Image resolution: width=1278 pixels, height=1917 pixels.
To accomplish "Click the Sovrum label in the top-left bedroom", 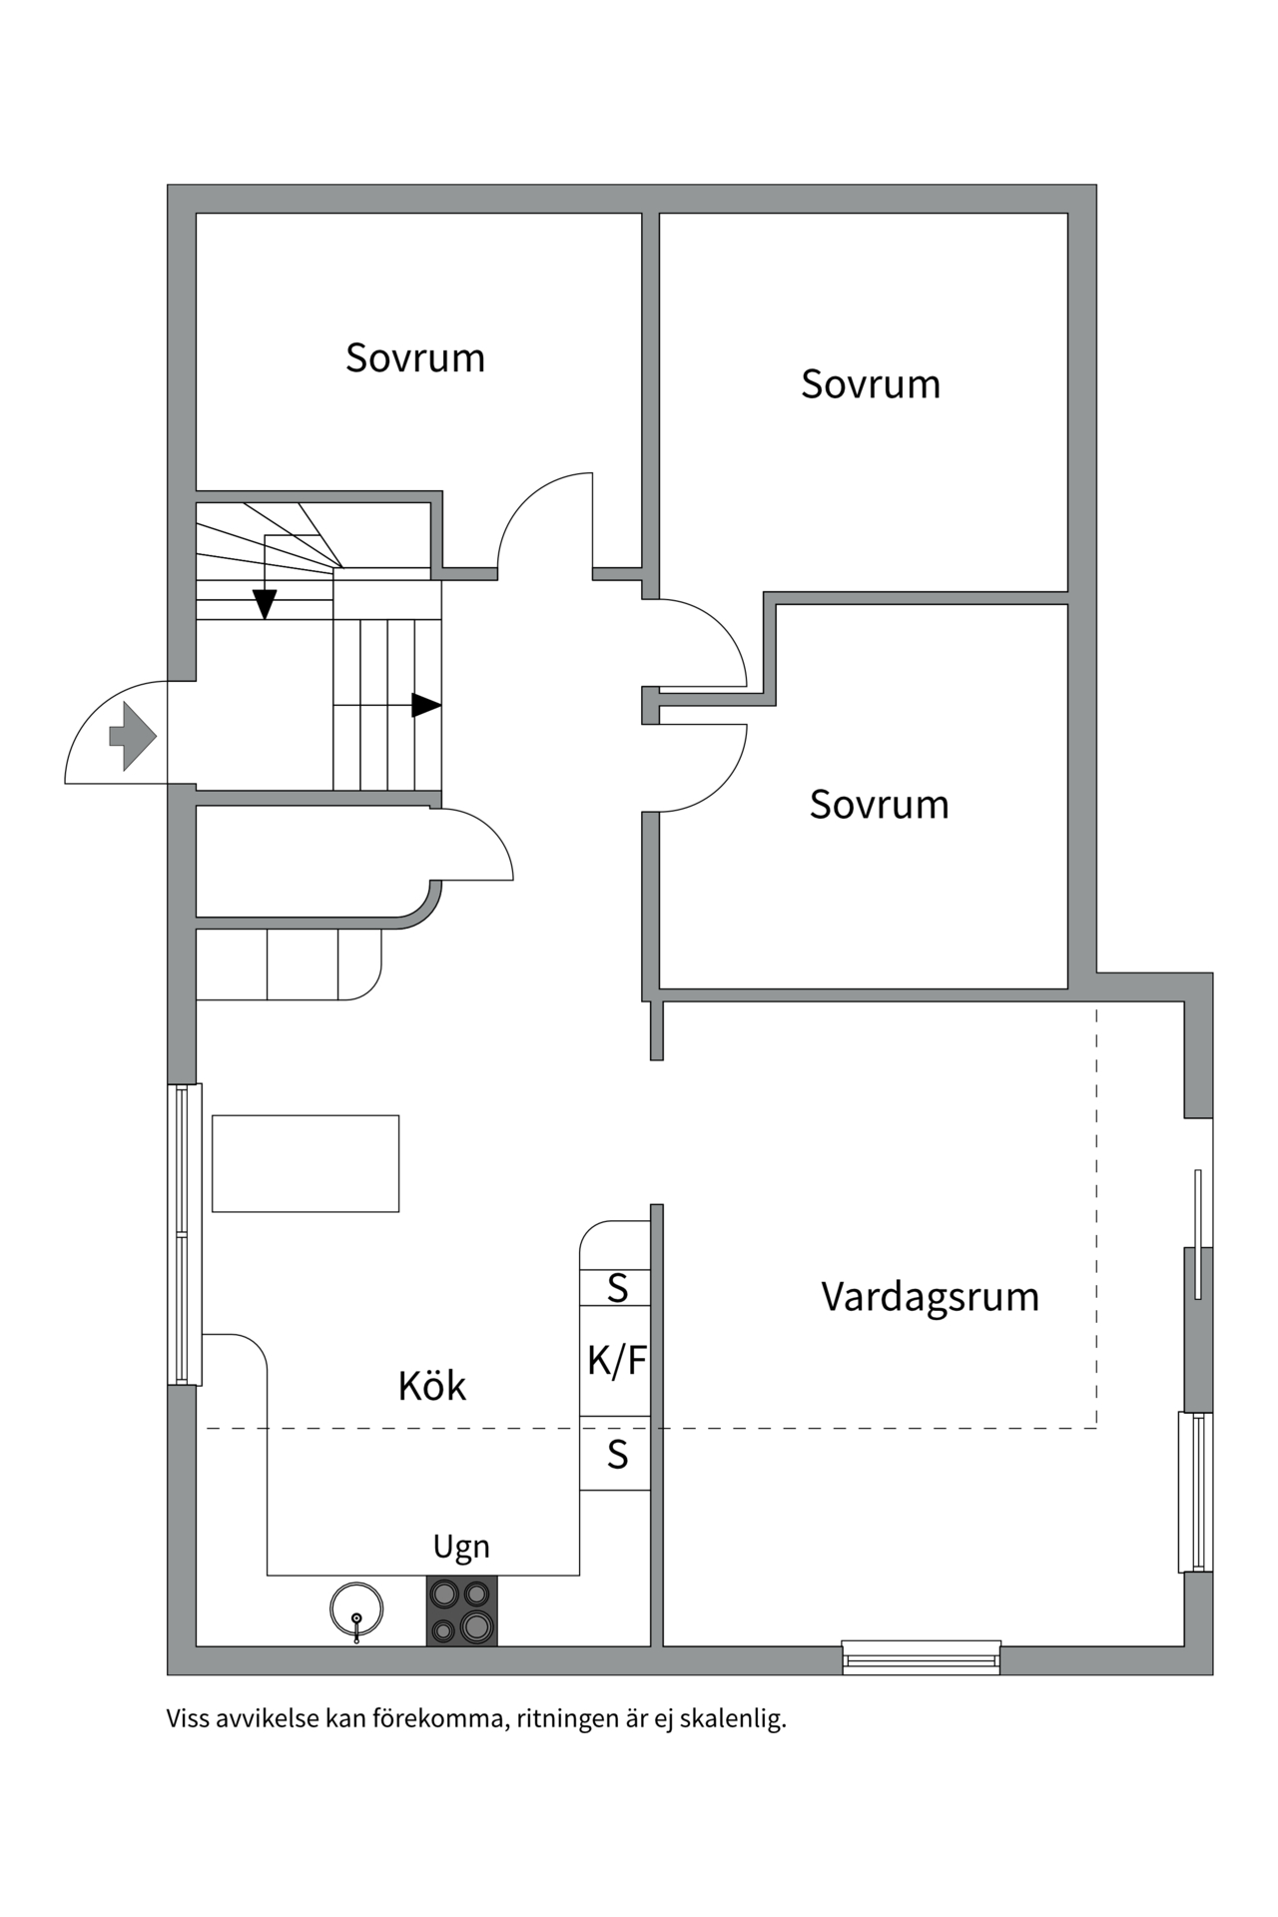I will [x=415, y=357].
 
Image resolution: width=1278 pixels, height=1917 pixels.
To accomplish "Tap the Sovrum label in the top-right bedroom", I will [x=871, y=384].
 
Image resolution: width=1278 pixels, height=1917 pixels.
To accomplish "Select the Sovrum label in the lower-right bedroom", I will [x=879, y=805].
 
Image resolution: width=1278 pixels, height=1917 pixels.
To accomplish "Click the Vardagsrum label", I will [x=930, y=1297].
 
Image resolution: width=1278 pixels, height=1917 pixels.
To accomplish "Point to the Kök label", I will [x=431, y=1386].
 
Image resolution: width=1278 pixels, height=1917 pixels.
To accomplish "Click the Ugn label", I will [x=461, y=1547].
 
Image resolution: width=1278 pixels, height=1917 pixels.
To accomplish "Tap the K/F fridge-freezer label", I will [x=616, y=1360].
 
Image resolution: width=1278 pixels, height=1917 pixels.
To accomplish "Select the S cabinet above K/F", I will [x=617, y=1288].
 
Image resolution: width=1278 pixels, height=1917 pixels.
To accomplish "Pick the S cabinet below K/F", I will [x=617, y=1455].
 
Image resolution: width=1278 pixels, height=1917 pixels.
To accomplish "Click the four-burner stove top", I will [x=461, y=1610].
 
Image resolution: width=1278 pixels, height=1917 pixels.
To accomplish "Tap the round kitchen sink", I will [x=356, y=1609].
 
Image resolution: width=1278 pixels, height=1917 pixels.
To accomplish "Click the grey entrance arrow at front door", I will [x=132, y=736].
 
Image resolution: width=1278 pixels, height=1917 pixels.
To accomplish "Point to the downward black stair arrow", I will [x=265, y=603].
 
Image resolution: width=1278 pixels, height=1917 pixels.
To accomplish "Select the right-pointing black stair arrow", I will [x=426, y=705].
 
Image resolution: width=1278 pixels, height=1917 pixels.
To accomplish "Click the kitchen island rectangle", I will [x=306, y=1163].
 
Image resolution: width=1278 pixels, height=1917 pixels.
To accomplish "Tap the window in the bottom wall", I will [x=921, y=1657].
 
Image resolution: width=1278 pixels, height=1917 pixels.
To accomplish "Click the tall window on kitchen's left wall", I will [x=184, y=1234].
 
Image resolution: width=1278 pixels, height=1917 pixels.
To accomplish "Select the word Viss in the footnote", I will [x=187, y=1719].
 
